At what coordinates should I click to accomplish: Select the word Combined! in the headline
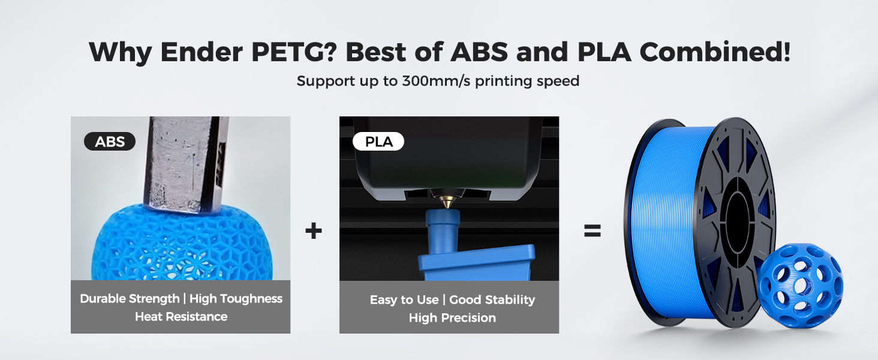[x=715, y=53]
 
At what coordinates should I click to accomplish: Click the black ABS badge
[x=110, y=142]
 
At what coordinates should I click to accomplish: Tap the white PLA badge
[x=378, y=142]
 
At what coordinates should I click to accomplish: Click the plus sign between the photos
[x=314, y=231]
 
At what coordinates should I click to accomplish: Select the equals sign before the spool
[x=592, y=231]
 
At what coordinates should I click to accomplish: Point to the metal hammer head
[x=180, y=162]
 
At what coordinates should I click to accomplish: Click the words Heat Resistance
[x=181, y=317]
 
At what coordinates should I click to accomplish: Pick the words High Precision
[x=452, y=318]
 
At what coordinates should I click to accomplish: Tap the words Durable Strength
[x=130, y=299]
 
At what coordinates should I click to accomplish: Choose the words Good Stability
[x=492, y=300]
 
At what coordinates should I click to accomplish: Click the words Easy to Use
[x=404, y=300]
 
